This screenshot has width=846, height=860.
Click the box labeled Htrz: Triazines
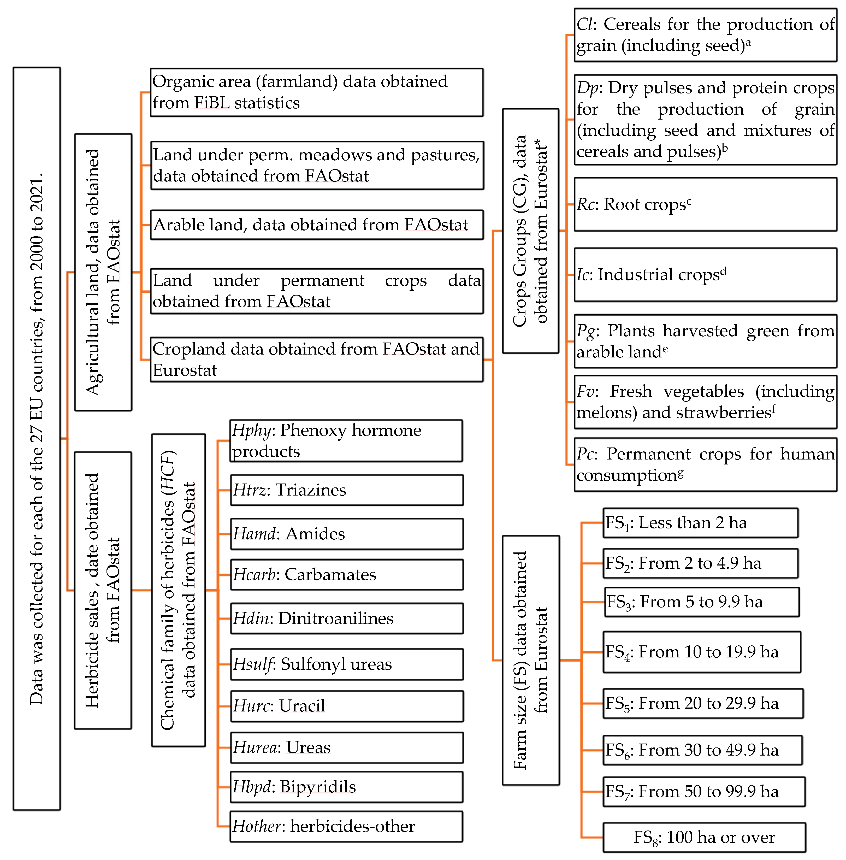[x=347, y=490]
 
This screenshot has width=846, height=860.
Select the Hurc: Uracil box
[x=347, y=706]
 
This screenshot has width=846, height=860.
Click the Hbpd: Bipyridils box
[x=347, y=787]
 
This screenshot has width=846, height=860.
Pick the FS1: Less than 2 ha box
[x=700, y=523]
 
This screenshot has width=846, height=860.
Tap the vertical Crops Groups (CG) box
[x=530, y=231]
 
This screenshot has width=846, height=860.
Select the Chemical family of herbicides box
[x=178, y=590]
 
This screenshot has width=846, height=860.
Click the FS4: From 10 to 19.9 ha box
[x=702, y=652]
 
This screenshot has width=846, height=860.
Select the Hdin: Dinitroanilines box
[x=347, y=618]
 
